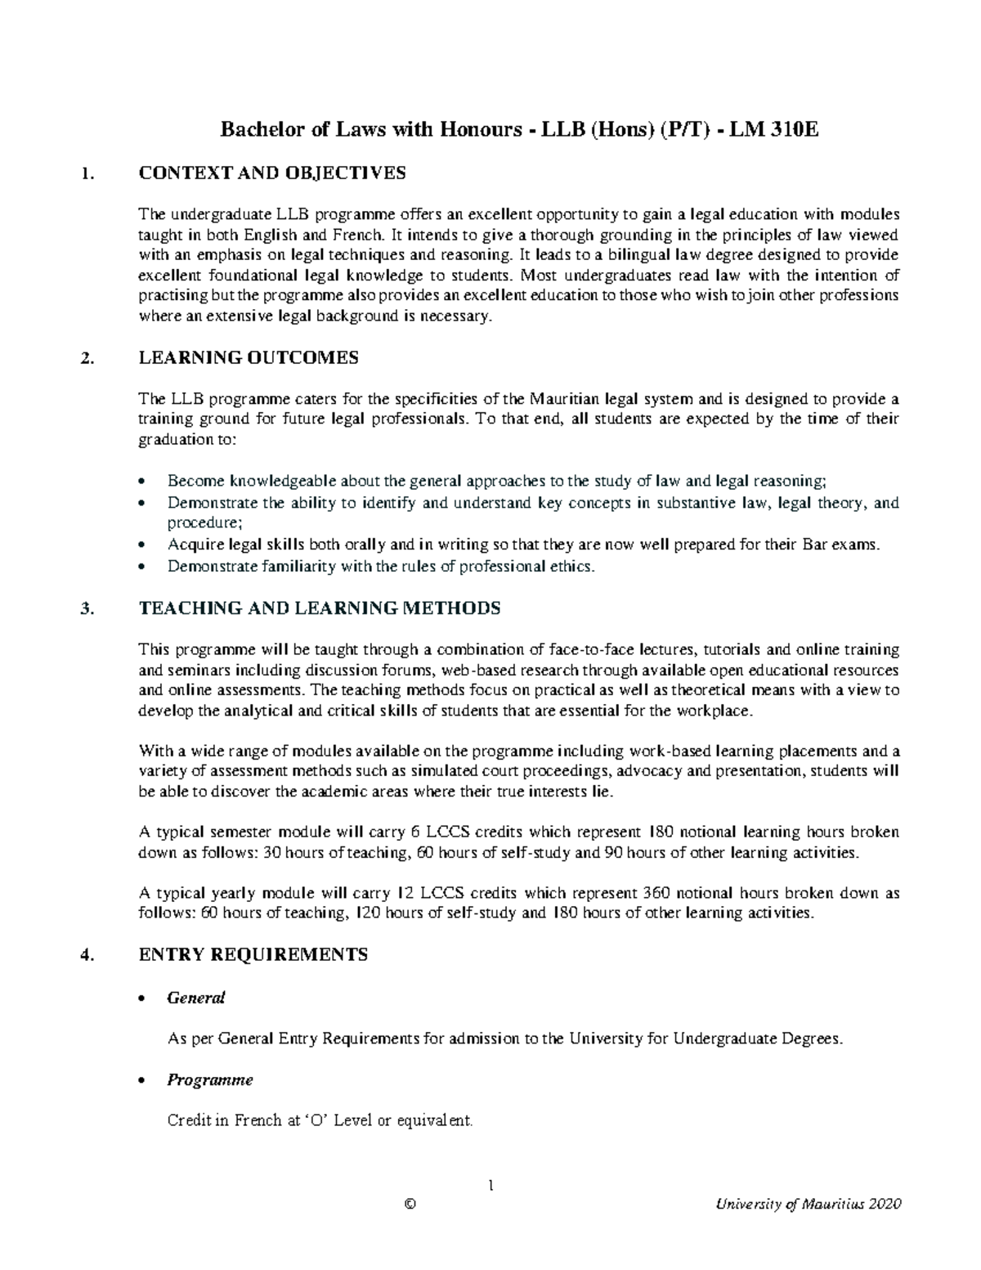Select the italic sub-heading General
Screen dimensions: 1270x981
pos(196,998)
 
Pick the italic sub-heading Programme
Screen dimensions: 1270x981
pos(210,1079)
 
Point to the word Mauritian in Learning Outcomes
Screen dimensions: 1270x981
pos(566,399)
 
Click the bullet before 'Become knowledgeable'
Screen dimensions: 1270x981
pos(144,482)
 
